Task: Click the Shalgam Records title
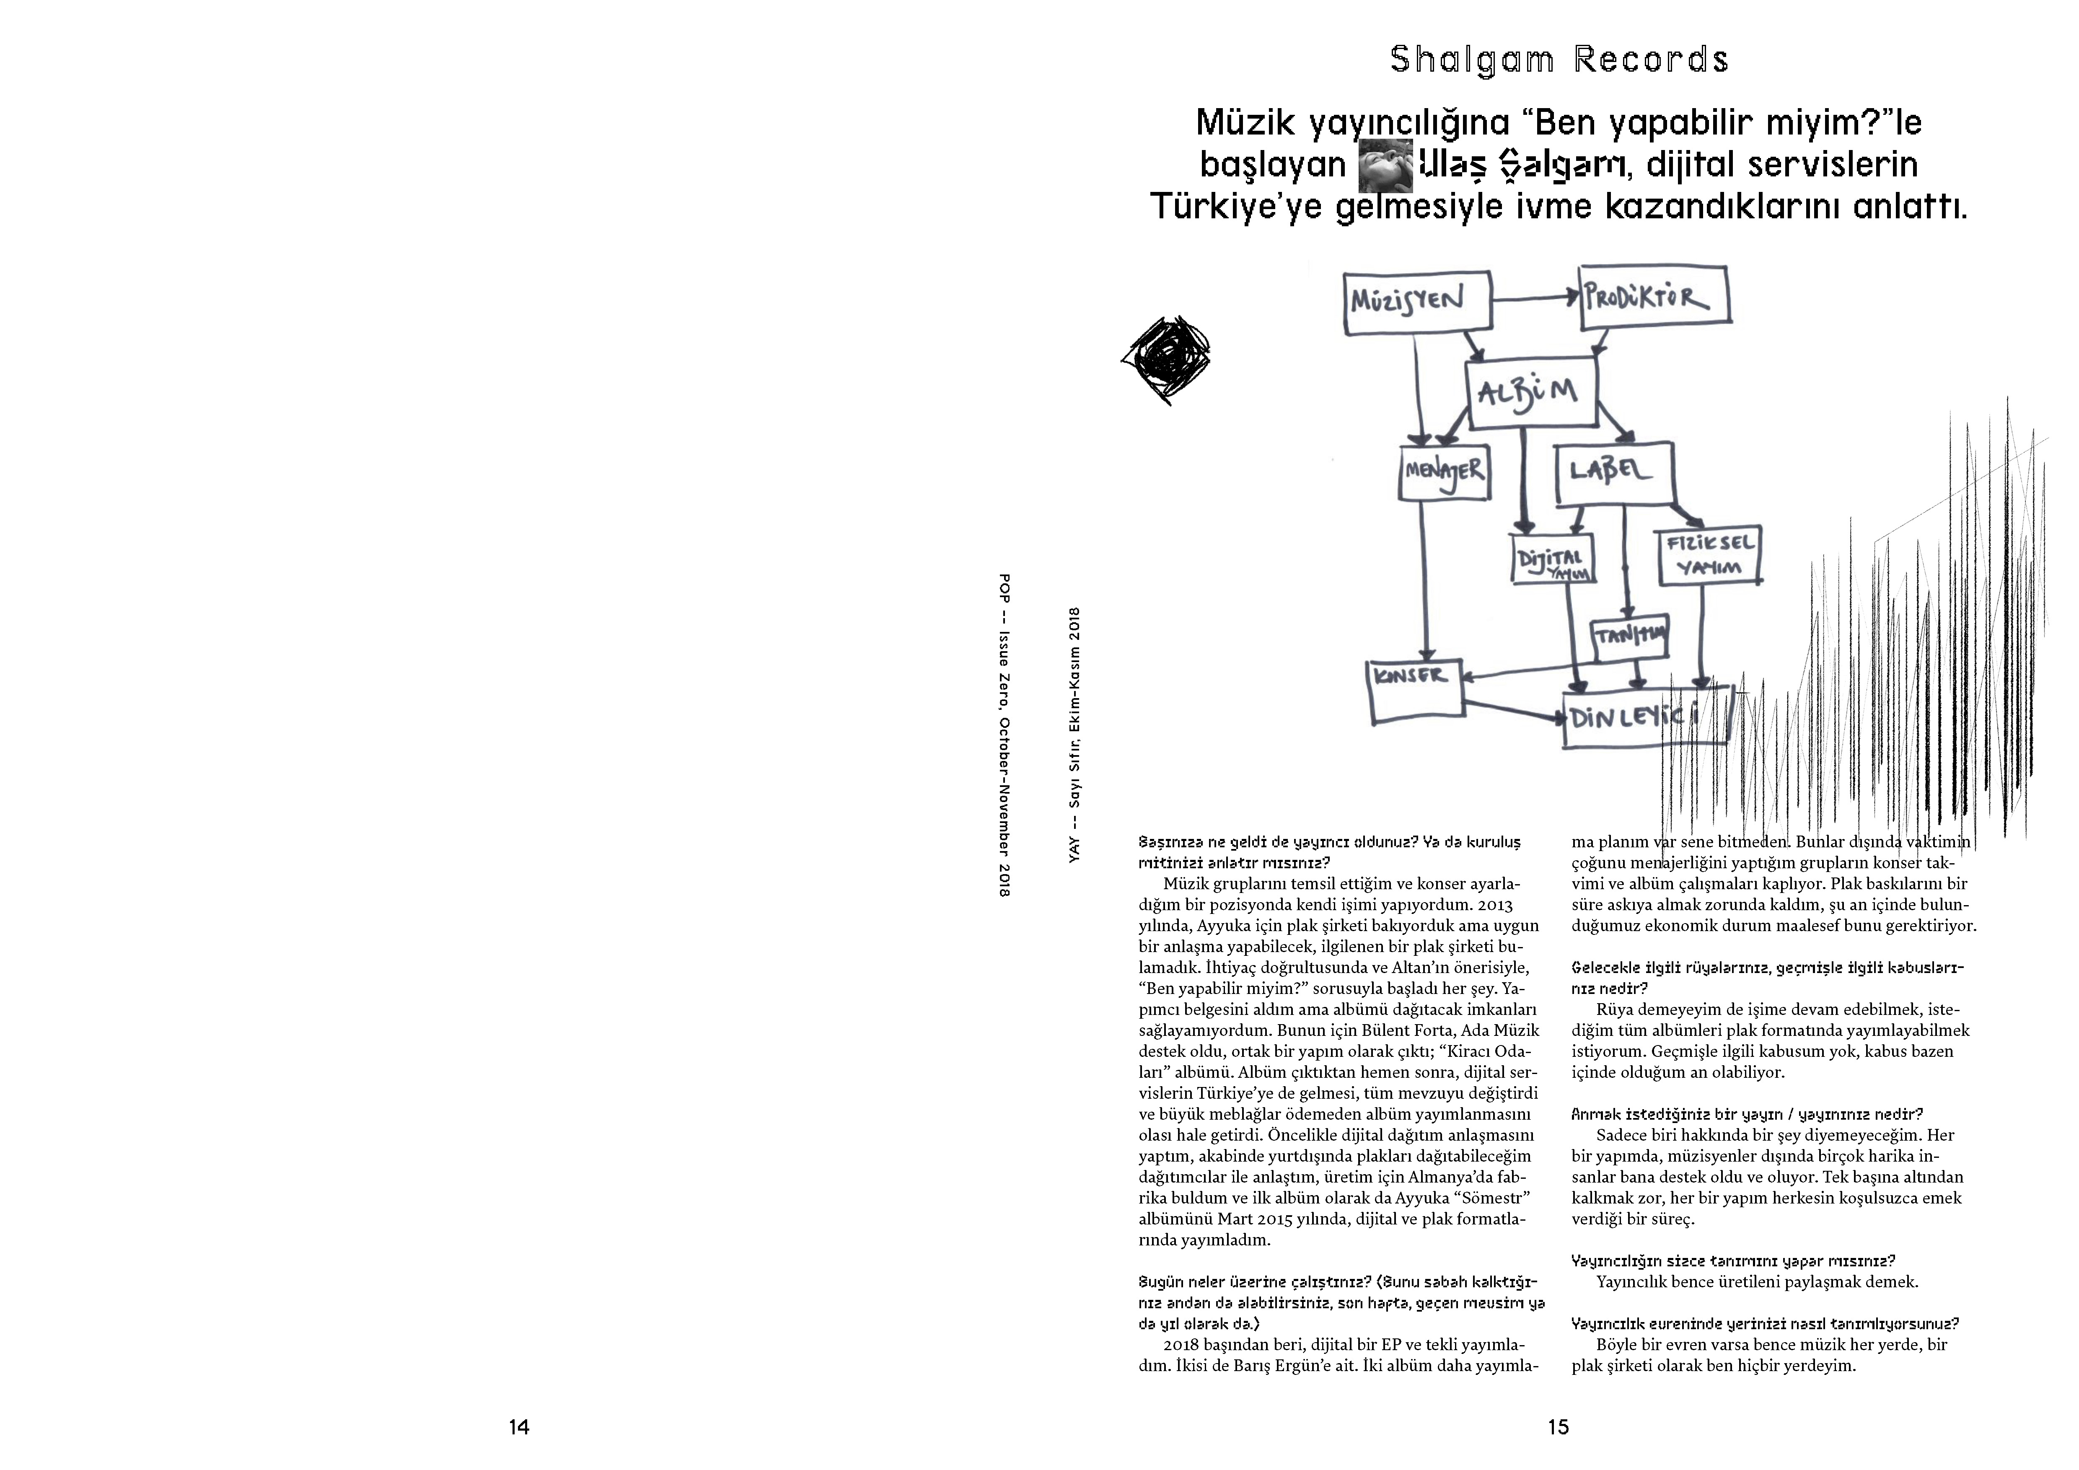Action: click(x=1559, y=60)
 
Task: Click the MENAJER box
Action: click(x=1444, y=471)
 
